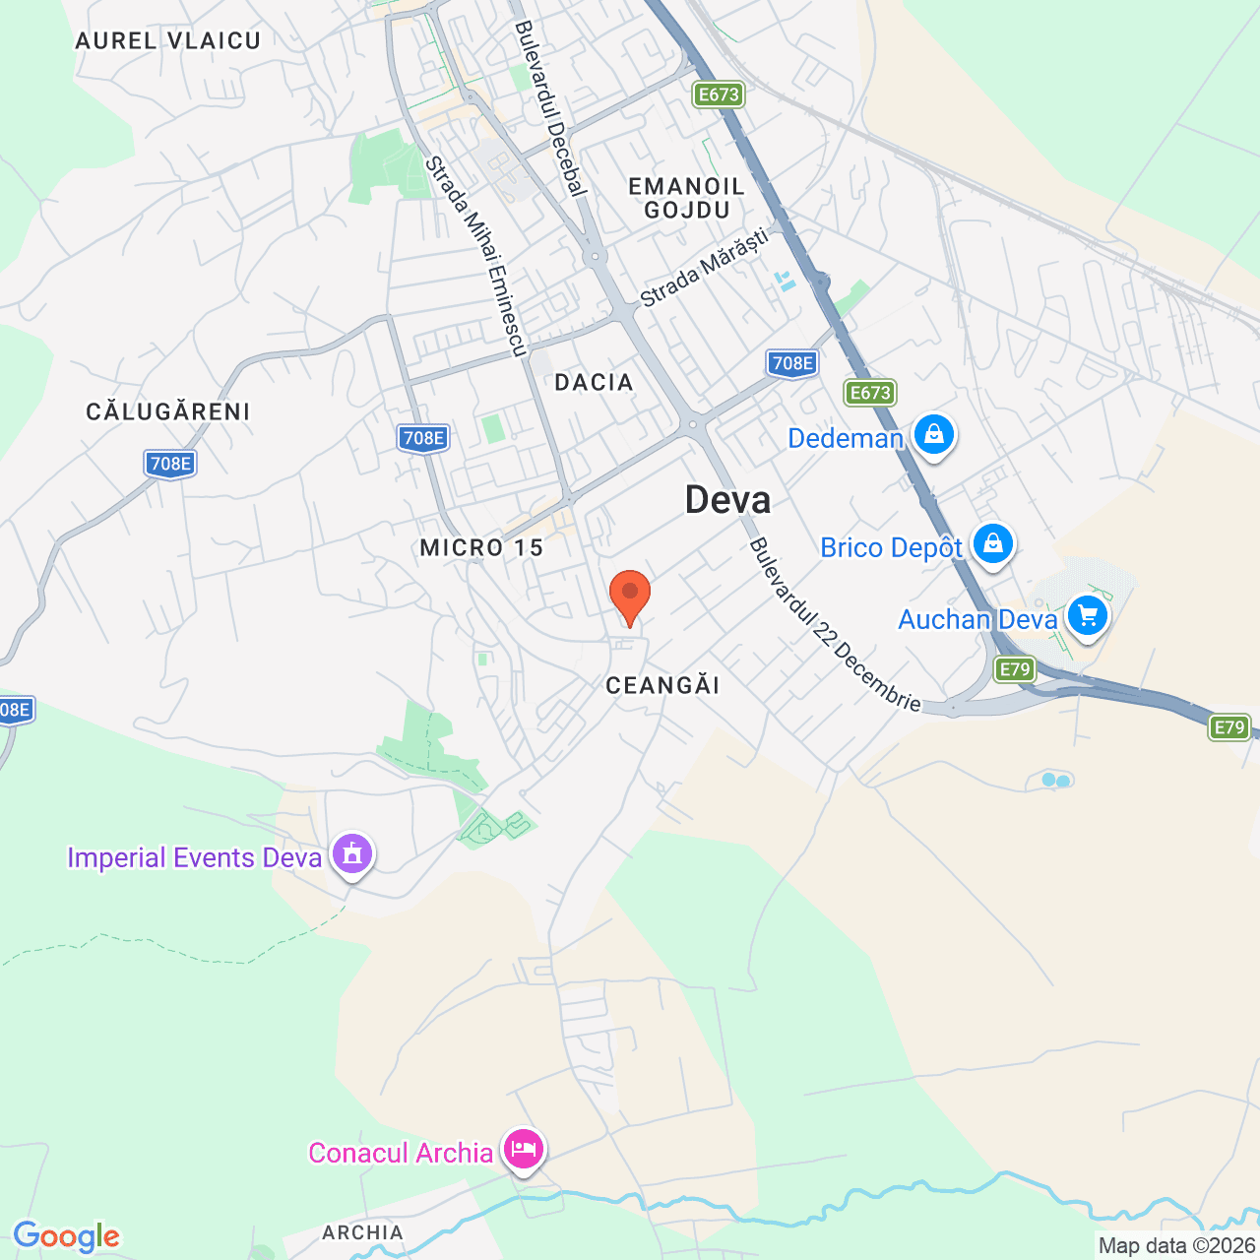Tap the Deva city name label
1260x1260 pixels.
pyautogui.click(x=727, y=500)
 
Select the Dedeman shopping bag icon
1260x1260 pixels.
pyautogui.click(x=933, y=434)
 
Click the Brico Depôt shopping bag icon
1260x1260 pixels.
pyautogui.click(x=992, y=543)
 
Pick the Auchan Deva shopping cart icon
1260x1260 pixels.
pyautogui.click(x=1087, y=617)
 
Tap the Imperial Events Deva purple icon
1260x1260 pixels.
pyautogui.click(x=352, y=853)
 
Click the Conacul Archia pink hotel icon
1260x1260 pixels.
pyautogui.click(x=523, y=1148)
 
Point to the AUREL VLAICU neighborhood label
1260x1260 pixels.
pyautogui.click(x=168, y=40)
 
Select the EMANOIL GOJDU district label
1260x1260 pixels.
pyautogui.click(x=687, y=198)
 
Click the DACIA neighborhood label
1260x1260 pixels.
pyautogui.click(x=594, y=382)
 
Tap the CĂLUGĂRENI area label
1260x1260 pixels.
pyautogui.click(x=168, y=411)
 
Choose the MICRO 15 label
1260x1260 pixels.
pyautogui.click(x=481, y=547)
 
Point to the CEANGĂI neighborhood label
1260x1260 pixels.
pyautogui.click(x=662, y=685)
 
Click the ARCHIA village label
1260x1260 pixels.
pyautogui.click(x=362, y=1232)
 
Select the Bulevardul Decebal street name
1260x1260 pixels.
pyautogui.click(x=550, y=108)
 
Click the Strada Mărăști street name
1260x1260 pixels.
pyautogui.click(x=704, y=268)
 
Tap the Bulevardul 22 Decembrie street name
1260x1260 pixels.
pyautogui.click(x=835, y=625)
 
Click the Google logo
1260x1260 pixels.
pyautogui.click(x=66, y=1236)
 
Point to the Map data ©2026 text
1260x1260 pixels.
pyautogui.click(x=1176, y=1245)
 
